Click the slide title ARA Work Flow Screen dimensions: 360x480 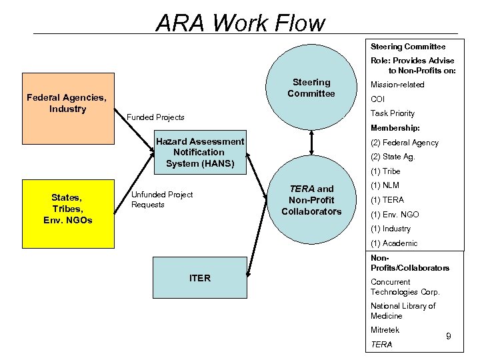[240, 23]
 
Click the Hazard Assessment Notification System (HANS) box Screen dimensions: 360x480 [199, 152]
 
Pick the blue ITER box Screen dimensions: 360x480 [199, 278]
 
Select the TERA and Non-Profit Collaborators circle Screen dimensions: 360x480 [311, 200]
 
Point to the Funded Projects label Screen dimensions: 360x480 [155, 117]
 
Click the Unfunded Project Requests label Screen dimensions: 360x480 [162, 199]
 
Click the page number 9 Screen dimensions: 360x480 [449, 337]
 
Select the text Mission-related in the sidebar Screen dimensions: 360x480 [397, 85]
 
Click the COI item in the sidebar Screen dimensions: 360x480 [378, 99]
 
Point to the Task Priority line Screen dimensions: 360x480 [393, 113]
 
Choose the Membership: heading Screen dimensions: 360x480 [395, 128]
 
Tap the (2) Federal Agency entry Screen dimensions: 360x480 [405, 143]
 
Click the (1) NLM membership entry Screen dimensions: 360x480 [385, 185]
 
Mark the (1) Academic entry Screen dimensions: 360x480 [394, 243]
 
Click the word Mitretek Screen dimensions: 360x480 [385, 330]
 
